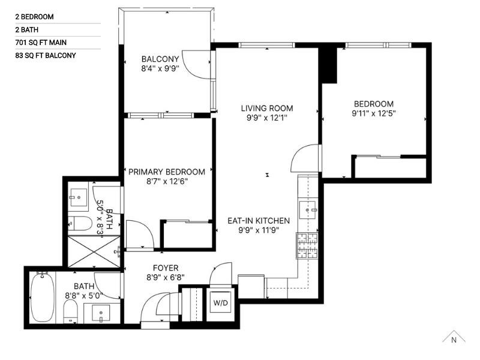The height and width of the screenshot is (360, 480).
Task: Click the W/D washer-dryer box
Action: pos(220,303)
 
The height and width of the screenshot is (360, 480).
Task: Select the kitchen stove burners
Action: pos(307,245)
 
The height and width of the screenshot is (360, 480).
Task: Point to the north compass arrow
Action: pos(454,337)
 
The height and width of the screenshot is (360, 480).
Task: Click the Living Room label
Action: pos(267,109)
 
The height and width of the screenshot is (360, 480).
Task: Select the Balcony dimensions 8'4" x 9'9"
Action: pos(160,68)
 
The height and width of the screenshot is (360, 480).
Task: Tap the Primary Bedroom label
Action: pos(167,172)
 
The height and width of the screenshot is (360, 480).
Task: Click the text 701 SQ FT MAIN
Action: pos(41,43)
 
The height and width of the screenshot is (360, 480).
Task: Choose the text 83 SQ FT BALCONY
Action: pos(46,56)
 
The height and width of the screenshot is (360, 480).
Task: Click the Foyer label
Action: pos(166,268)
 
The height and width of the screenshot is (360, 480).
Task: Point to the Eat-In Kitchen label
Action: pos(258,221)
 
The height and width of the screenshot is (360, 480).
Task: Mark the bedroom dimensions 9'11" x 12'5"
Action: pos(373,113)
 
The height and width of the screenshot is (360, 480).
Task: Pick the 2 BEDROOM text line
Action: pos(35,17)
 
